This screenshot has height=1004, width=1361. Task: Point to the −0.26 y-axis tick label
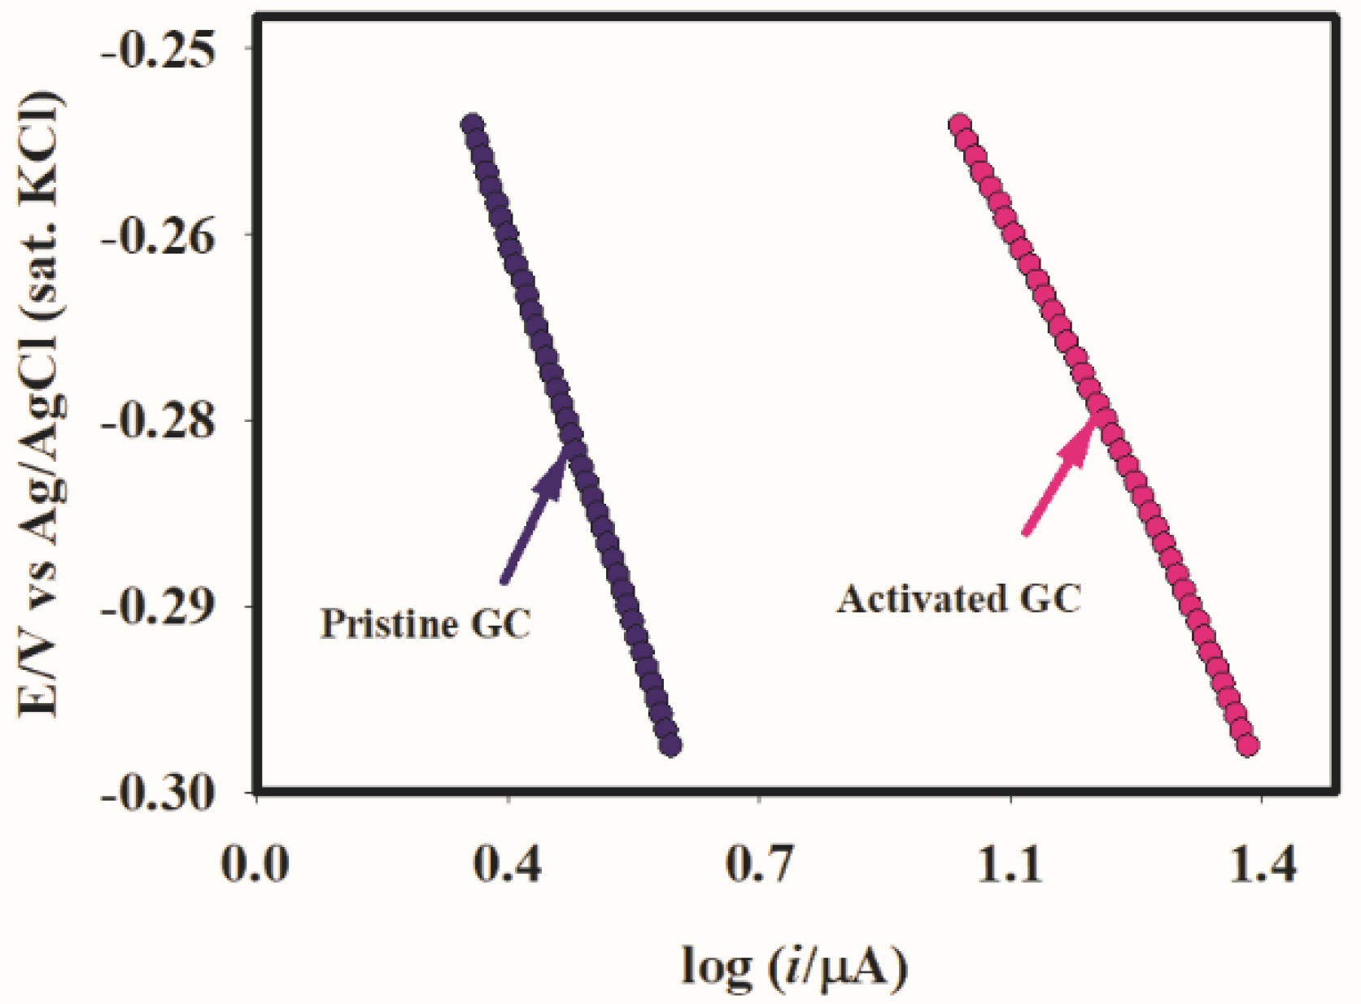click(x=159, y=236)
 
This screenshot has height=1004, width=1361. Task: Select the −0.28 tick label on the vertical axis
click(x=159, y=422)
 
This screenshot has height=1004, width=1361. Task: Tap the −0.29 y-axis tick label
click(x=159, y=607)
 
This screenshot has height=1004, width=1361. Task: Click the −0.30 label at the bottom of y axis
click(x=159, y=793)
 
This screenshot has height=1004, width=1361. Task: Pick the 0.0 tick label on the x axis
click(x=255, y=863)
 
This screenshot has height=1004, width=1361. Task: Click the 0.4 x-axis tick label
click(x=508, y=863)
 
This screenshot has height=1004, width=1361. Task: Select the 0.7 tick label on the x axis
click(x=759, y=863)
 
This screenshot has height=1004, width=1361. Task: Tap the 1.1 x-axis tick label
click(x=1010, y=863)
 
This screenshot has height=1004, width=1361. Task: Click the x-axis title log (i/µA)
click(x=794, y=967)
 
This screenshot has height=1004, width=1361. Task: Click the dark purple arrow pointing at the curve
click(x=533, y=515)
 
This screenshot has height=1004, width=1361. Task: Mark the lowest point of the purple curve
click(x=670, y=745)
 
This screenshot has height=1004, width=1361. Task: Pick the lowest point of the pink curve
click(x=1248, y=745)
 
